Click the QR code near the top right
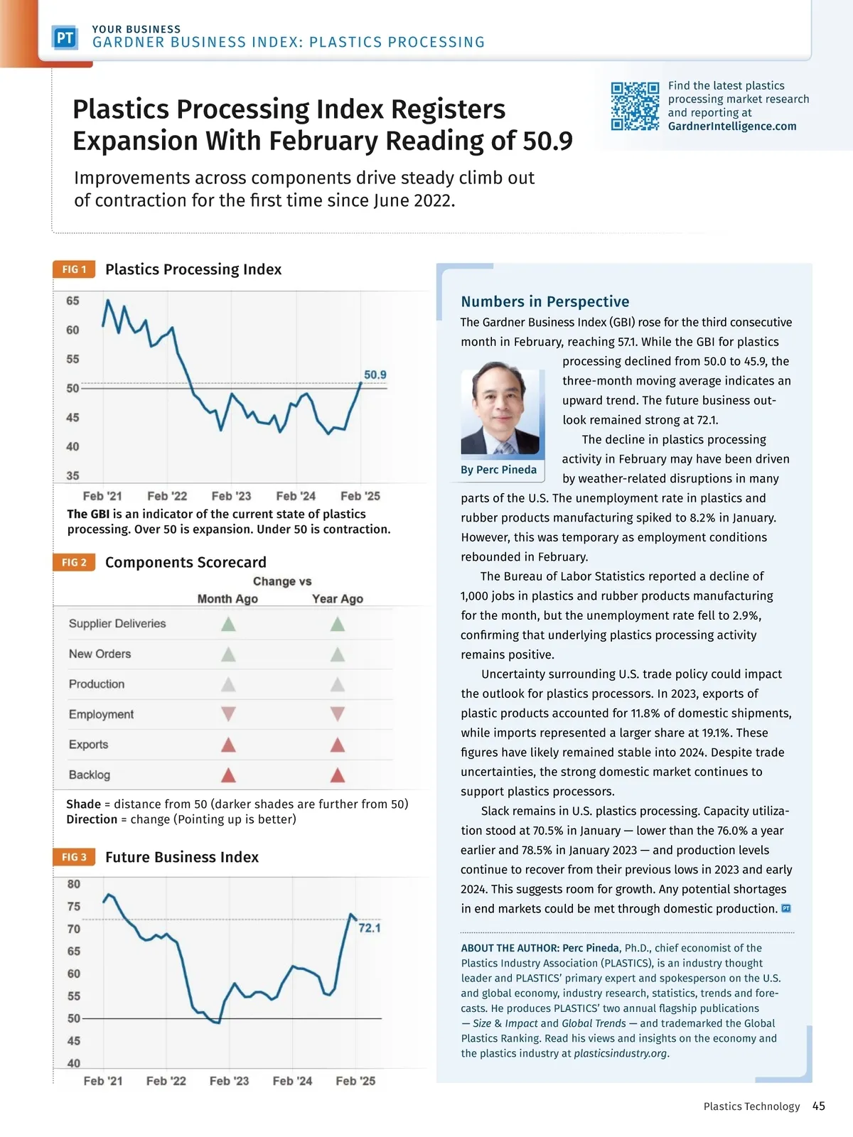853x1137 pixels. pyautogui.click(x=635, y=107)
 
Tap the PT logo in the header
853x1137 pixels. pyautogui.click(x=65, y=38)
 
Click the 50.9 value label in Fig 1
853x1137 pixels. pyautogui.click(x=375, y=374)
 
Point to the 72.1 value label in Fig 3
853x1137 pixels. pyautogui.click(x=370, y=928)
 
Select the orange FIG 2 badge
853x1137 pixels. pyautogui.click(x=74, y=562)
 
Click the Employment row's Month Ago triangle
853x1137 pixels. pyautogui.click(x=228, y=713)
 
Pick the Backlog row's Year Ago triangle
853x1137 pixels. pyautogui.click(x=338, y=775)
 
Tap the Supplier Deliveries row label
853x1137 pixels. pyautogui.click(x=117, y=623)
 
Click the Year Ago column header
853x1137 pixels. pyautogui.click(x=338, y=598)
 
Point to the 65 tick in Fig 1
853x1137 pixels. pyautogui.click(x=73, y=301)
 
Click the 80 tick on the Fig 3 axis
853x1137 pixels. pyautogui.click(x=74, y=884)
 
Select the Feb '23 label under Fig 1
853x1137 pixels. pyautogui.click(x=232, y=496)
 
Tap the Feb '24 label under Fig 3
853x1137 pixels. pyautogui.click(x=292, y=1081)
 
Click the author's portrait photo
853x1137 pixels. pyautogui.click(x=500, y=408)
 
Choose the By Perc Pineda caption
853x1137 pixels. pyautogui.click(x=498, y=470)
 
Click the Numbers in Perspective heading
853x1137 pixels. pyautogui.click(x=545, y=301)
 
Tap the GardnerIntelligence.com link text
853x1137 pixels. pyautogui.click(x=732, y=126)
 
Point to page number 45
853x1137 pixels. pyautogui.click(x=819, y=1106)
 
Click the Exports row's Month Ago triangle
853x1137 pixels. pyautogui.click(x=228, y=744)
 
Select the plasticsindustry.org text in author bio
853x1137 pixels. pyautogui.click(x=621, y=1053)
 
